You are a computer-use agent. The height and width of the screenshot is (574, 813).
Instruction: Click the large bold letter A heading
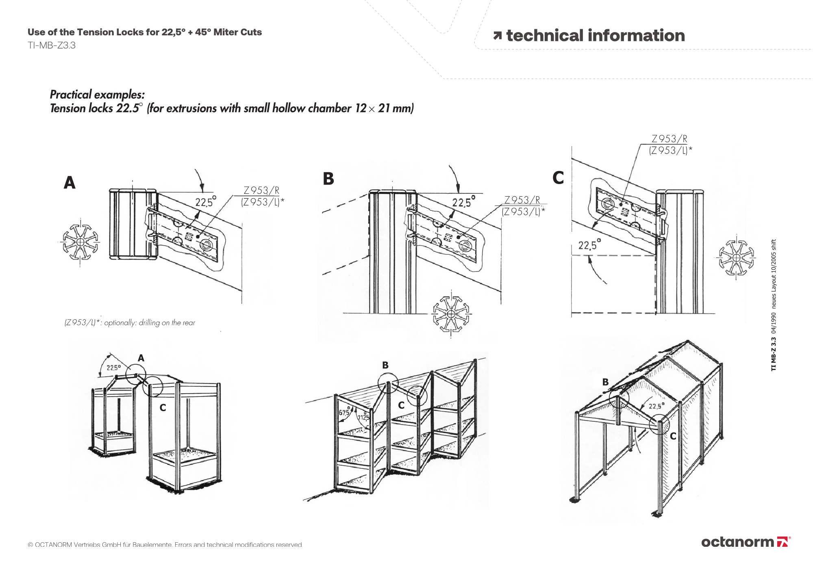tap(70, 183)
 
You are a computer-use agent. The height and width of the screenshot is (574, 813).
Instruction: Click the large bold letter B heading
tap(328, 179)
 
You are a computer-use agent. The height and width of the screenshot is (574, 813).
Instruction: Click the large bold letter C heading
tap(558, 178)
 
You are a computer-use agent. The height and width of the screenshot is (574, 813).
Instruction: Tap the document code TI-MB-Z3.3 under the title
tap(52, 45)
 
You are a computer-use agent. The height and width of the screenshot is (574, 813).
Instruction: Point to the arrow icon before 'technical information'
tap(497, 36)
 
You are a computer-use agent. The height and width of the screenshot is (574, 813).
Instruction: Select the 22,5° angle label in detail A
tap(205, 201)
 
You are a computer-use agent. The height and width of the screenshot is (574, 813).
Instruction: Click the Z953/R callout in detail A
tap(261, 190)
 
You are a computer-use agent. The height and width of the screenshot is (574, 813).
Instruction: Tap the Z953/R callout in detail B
tap(522, 200)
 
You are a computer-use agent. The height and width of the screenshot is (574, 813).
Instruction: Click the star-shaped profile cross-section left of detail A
tap(80, 243)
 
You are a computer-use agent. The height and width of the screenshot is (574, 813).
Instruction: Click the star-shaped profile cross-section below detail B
tap(451, 314)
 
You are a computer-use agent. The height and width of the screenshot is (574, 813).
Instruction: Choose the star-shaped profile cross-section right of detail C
tap(736, 258)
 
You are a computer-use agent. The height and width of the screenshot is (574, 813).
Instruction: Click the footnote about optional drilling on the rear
tap(130, 323)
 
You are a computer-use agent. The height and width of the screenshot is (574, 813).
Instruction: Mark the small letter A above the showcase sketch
tap(141, 358)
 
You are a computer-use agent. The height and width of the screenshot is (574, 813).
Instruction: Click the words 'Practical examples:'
tap(97, 95)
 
